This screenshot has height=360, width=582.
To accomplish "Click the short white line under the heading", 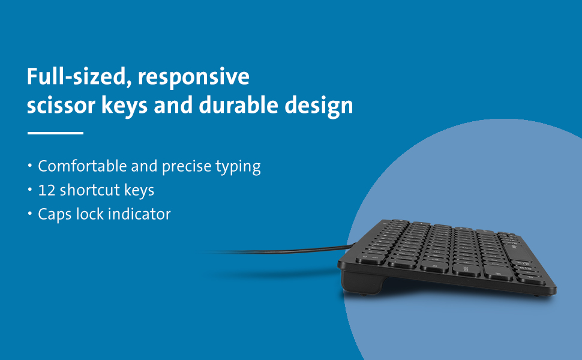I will pos(55,133).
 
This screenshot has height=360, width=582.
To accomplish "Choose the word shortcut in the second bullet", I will pos(88,190).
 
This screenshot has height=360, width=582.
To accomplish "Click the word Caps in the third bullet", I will pos(52,214).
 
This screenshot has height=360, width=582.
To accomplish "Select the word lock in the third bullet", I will pos(87,214).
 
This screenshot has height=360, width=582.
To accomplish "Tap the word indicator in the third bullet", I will pos(139,214).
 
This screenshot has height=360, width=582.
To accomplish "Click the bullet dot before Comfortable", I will pos(29,166).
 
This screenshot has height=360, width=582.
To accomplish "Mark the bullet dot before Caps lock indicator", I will pos(29,214).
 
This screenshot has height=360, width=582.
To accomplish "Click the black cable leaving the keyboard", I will pos(288,248).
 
